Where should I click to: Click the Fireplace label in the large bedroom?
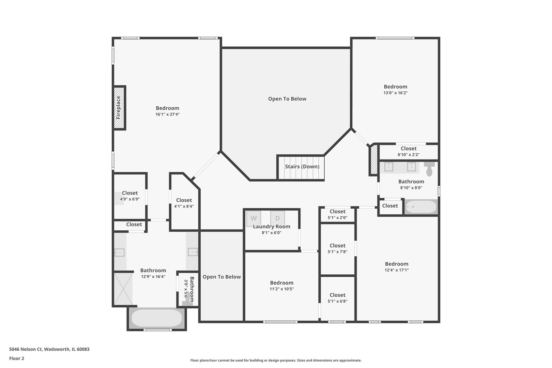pos(118,107)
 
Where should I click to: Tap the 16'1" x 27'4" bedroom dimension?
pos(168,114)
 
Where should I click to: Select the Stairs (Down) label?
pos(302,167)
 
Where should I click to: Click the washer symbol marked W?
pos(254,218)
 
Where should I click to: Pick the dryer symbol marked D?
pos(277,218)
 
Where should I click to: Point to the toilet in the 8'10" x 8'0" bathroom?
pos(429,169)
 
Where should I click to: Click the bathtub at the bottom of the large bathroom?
pos(157,318)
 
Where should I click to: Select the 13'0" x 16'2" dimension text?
pos(396,93)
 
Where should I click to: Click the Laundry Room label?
pos(272,227)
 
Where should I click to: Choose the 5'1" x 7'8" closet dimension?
pos(338,252)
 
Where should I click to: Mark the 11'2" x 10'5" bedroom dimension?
pos(282,289)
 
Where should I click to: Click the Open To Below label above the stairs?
pos(287,99)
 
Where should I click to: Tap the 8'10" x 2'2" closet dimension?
pos(409,155)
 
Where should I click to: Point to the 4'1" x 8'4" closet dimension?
pos(184,206)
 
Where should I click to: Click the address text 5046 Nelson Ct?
pos(26,349)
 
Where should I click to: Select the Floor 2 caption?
pos(17,358)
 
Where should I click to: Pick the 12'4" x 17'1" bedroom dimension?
pos(397,270)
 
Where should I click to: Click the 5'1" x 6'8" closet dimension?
pos(338,301)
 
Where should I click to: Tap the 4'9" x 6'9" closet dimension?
pos(130,199)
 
